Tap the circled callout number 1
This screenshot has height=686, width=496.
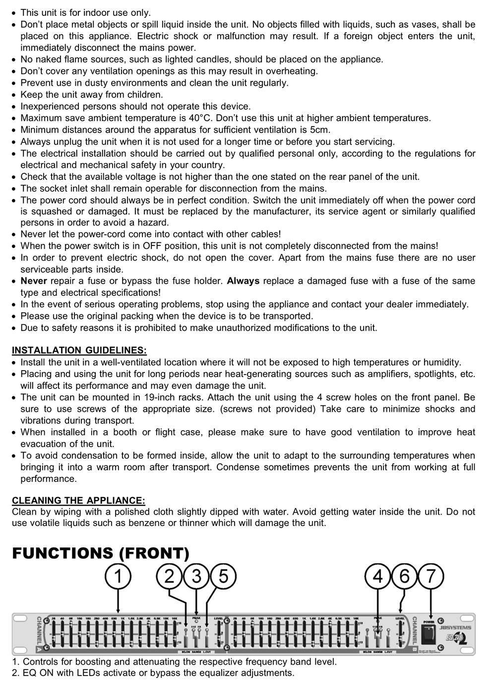pyautogui.click(x=118, y=577)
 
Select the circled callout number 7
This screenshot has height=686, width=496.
pyautogui.click(x=431, y=577)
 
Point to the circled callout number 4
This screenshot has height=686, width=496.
pyautogui.click(x=377, y=577)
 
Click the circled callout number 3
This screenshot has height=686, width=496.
pyautogui.click(x=196, y=577)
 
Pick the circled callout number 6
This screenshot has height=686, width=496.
pyautogui.click(x=404, y=577)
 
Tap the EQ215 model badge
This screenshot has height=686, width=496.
pyautogui.click(x=455, y=638)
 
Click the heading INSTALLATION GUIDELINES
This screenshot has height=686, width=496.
pyautogui.click(x=79, y=351)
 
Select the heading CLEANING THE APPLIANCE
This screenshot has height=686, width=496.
pyautogui.click(x=78, y=500)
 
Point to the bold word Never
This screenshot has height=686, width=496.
pyautogui.click(x=34, y=281)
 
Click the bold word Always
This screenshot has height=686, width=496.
pyautogui.click(x=243, y=281)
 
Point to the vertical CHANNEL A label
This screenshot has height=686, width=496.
pyautogui.click(x=39, y=634)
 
